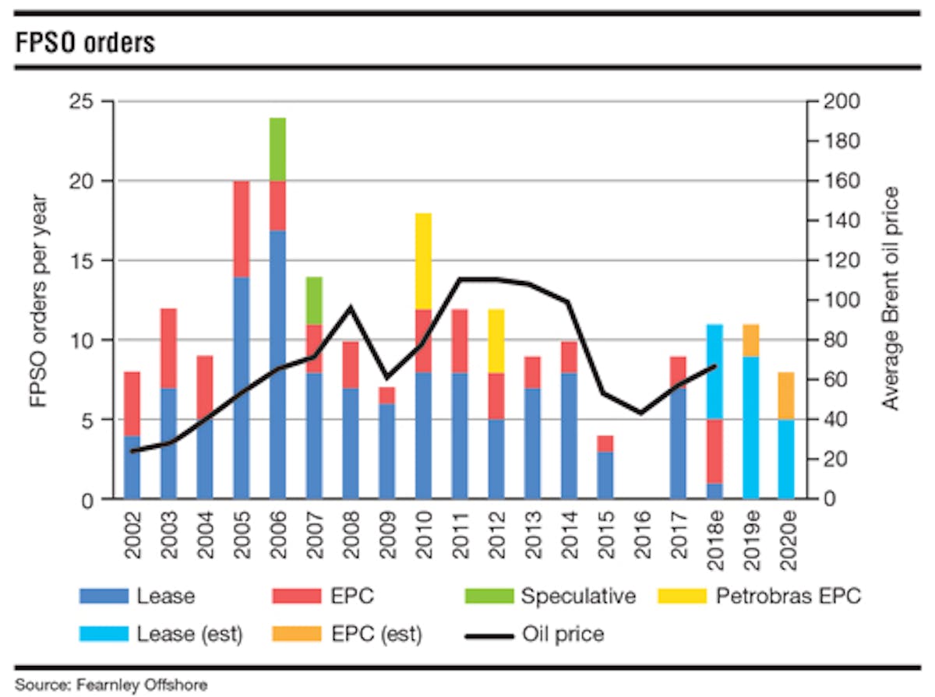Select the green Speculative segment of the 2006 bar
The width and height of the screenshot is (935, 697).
pos(277,149)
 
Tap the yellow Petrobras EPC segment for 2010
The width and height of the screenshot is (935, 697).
pos(423,261)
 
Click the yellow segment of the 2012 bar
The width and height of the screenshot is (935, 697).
pos(496,341)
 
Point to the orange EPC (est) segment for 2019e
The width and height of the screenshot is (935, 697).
pos(752,340)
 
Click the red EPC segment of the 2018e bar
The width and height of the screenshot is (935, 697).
pos(715,451)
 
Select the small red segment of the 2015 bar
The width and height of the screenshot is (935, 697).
pos(605,443)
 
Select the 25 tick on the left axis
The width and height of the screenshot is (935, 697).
pos(81,102)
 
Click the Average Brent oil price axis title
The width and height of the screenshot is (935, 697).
pos(891,299)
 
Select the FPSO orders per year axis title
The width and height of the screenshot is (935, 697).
pos(38,301)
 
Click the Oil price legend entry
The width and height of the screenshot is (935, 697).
pos(563,634)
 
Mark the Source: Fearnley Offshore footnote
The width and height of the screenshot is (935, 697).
pos(112,685)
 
